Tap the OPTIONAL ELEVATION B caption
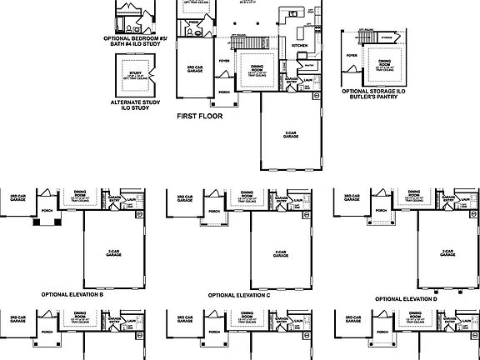pyautogui.click(x=72, y=295)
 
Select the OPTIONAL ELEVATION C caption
pyautogui.click(x=240, y=295)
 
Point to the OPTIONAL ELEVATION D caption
pyautogui.click(x=407, y=298)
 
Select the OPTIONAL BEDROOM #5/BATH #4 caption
pyautogui.click(x=135, y=41)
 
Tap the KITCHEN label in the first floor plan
pyautogui.click(x=299, y=46)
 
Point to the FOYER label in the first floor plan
pyautogui.click(x=223, y=61)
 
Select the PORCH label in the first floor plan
pyautogui.click(x=223, y=92)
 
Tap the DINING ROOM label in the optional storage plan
pyautogui.click(x=384, y=63)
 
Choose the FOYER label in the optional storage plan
pyautogui.click(x=352, y=56)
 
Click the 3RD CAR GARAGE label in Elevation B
pyautogui.click(x=17, y=197)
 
